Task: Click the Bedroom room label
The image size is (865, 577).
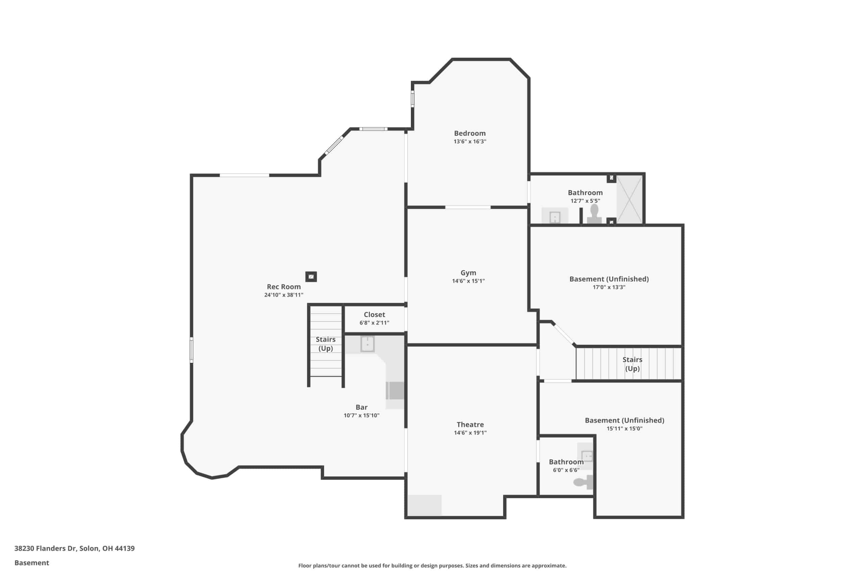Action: (470, 133)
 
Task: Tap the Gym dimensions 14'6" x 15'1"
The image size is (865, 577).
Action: (468, 281)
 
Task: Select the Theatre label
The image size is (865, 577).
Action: (470, 424)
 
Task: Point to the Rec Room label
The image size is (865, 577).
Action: (283, 287)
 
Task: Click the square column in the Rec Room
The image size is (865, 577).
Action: (311, 277)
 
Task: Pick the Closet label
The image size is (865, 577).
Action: (374, 315)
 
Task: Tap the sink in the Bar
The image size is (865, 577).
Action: (367, 344)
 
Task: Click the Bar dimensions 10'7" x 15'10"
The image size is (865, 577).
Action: (362, 415)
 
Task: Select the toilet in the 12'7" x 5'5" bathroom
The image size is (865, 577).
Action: (594, 214)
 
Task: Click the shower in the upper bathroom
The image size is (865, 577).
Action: (629, 199)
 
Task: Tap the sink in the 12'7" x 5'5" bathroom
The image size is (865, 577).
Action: (554, 216)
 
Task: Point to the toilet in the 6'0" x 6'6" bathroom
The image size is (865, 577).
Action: (584, 482)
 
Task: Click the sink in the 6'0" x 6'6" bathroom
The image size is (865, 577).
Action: (587, 456)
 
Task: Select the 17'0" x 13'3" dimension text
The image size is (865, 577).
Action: (609, 287)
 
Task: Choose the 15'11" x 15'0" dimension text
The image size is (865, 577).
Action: (624, 428)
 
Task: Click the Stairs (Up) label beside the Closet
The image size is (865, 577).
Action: (325, 344)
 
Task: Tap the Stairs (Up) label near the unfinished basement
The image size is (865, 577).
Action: (632, 364)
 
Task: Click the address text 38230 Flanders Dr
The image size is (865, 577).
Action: (46, 548)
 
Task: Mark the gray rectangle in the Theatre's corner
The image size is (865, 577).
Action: (424, 505)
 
